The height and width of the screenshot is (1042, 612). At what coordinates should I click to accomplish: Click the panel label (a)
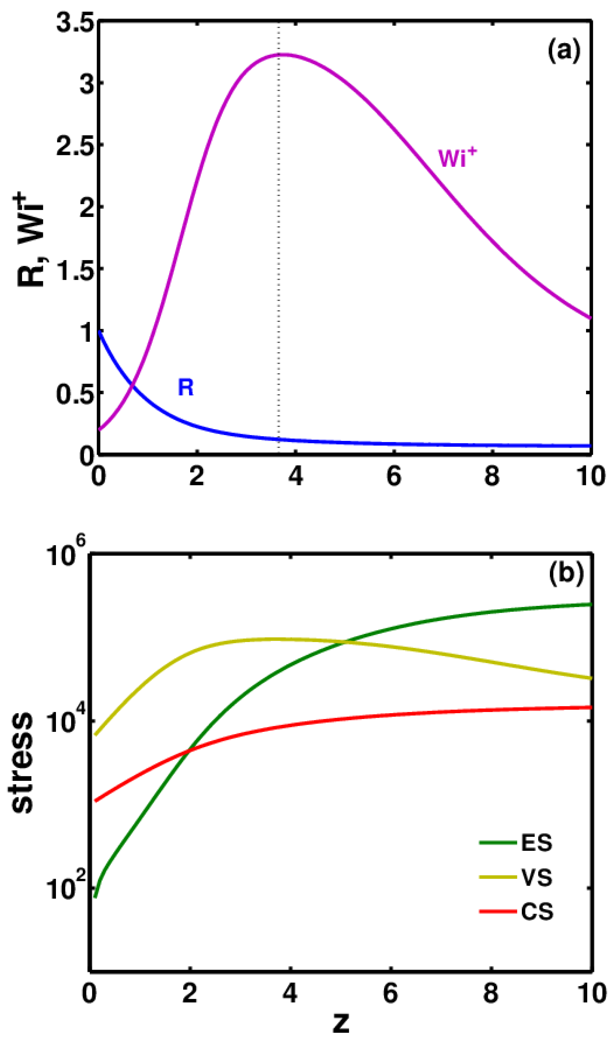point(564,52)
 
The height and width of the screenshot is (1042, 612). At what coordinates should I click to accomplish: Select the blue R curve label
point(185,388)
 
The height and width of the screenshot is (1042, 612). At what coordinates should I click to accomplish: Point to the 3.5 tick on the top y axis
point(74,24)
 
